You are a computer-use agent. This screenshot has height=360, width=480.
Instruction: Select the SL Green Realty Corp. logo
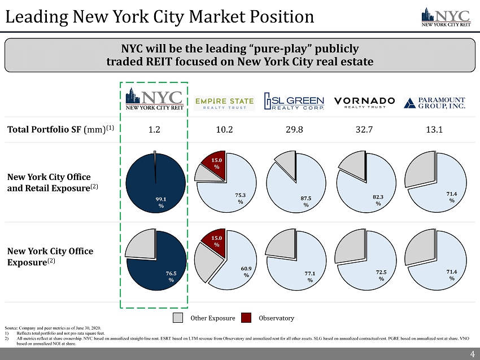[295, 102]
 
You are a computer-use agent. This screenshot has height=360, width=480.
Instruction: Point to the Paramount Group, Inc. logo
[435, 102]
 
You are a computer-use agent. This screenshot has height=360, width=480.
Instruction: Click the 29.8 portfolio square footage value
[294, 129]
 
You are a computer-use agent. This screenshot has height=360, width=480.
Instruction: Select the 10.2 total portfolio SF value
[224, 129]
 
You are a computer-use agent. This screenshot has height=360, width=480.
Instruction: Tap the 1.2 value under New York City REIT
[154, 129]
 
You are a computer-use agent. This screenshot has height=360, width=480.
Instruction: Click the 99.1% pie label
[162, 203]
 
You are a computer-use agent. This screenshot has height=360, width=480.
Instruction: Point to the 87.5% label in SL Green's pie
[306, 201]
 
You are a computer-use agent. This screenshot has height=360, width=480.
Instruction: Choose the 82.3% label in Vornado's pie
[378, 199]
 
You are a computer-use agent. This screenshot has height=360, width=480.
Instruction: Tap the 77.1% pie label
[309, 276]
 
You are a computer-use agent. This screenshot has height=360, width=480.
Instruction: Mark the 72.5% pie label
[381, 275]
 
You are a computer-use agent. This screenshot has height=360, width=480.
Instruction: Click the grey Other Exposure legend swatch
[178, 318]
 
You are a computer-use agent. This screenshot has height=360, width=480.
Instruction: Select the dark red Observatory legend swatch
[246, 318]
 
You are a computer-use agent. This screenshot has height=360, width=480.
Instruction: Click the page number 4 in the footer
[472, 354]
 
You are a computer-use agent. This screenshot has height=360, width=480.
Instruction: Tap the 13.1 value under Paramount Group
[435, 129]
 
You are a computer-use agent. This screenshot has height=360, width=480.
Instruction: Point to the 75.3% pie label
[241, 198]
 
